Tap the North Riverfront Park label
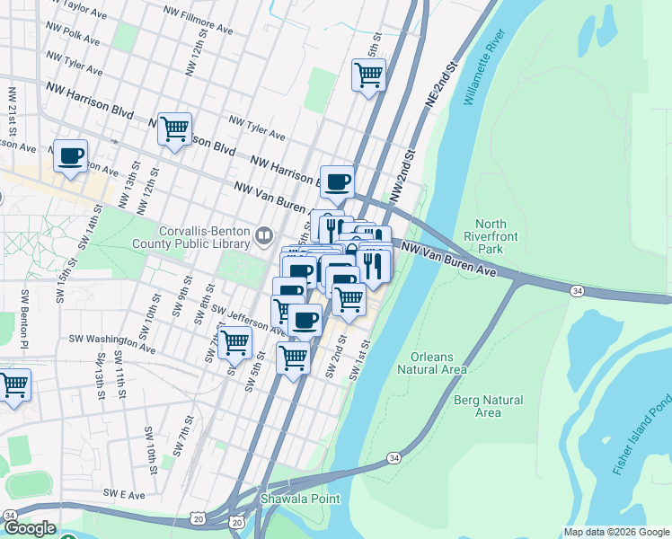pyautogui.click(x=491, y=236)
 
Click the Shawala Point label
pyautogui.click(x=290, y=498)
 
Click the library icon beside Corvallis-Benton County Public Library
pyautogui.click(x=264, y=236)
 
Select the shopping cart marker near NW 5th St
pyautogui.click(x=368, y=75)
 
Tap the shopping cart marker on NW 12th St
pyautogui.click(x=174, y=128)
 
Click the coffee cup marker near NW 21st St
pyautogui.click(x=70, y=155)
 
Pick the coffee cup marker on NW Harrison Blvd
pyautogui.click(x=337, y=181)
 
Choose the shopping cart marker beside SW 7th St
pyautogui.click(x=234, y=341)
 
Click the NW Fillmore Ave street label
pyautogui.click(x=198, y=22)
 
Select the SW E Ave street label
pyautogui.click(x=123, y=493)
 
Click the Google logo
pyautogui.click(x=30, y=528)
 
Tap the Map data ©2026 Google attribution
pyautogui.click(x=615, y=532)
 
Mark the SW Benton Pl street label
pyautogui.click(x=26, y=319)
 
